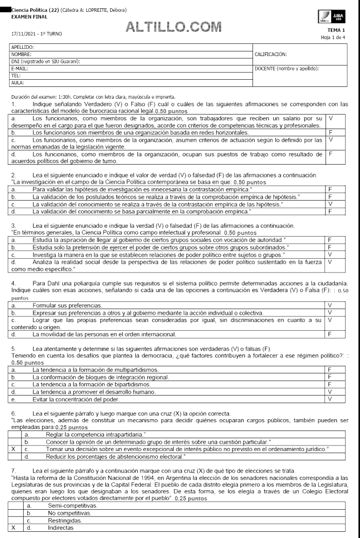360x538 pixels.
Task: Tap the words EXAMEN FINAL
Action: tap(26, 16)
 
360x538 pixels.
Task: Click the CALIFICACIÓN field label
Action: tap(271, 53)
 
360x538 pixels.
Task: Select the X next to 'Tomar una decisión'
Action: tap(13, 449)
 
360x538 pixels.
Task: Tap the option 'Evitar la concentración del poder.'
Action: tap(75, 399)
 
